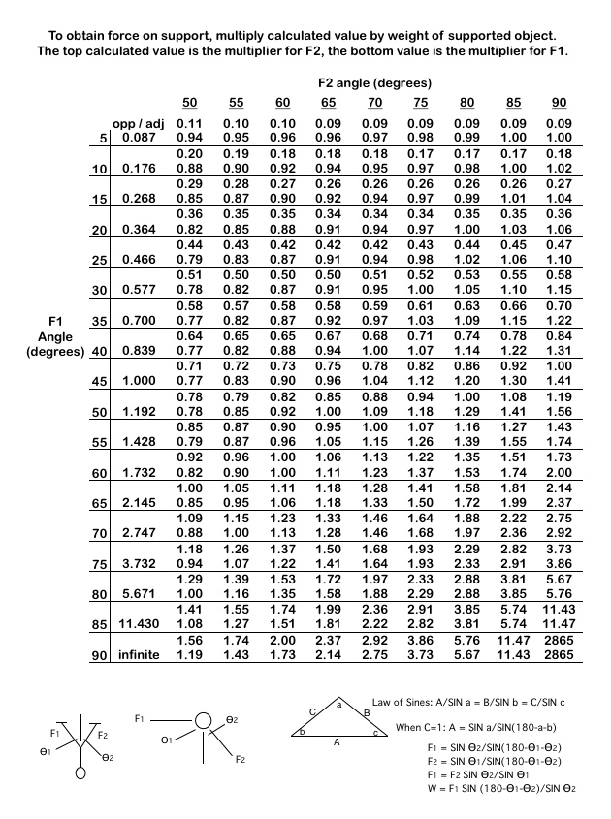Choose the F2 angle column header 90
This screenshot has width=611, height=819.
coord(559,103)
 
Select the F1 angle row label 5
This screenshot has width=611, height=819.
coord(105,139)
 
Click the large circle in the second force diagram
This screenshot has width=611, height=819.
coord(203,721)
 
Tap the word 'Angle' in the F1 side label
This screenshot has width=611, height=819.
coord(56,334)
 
